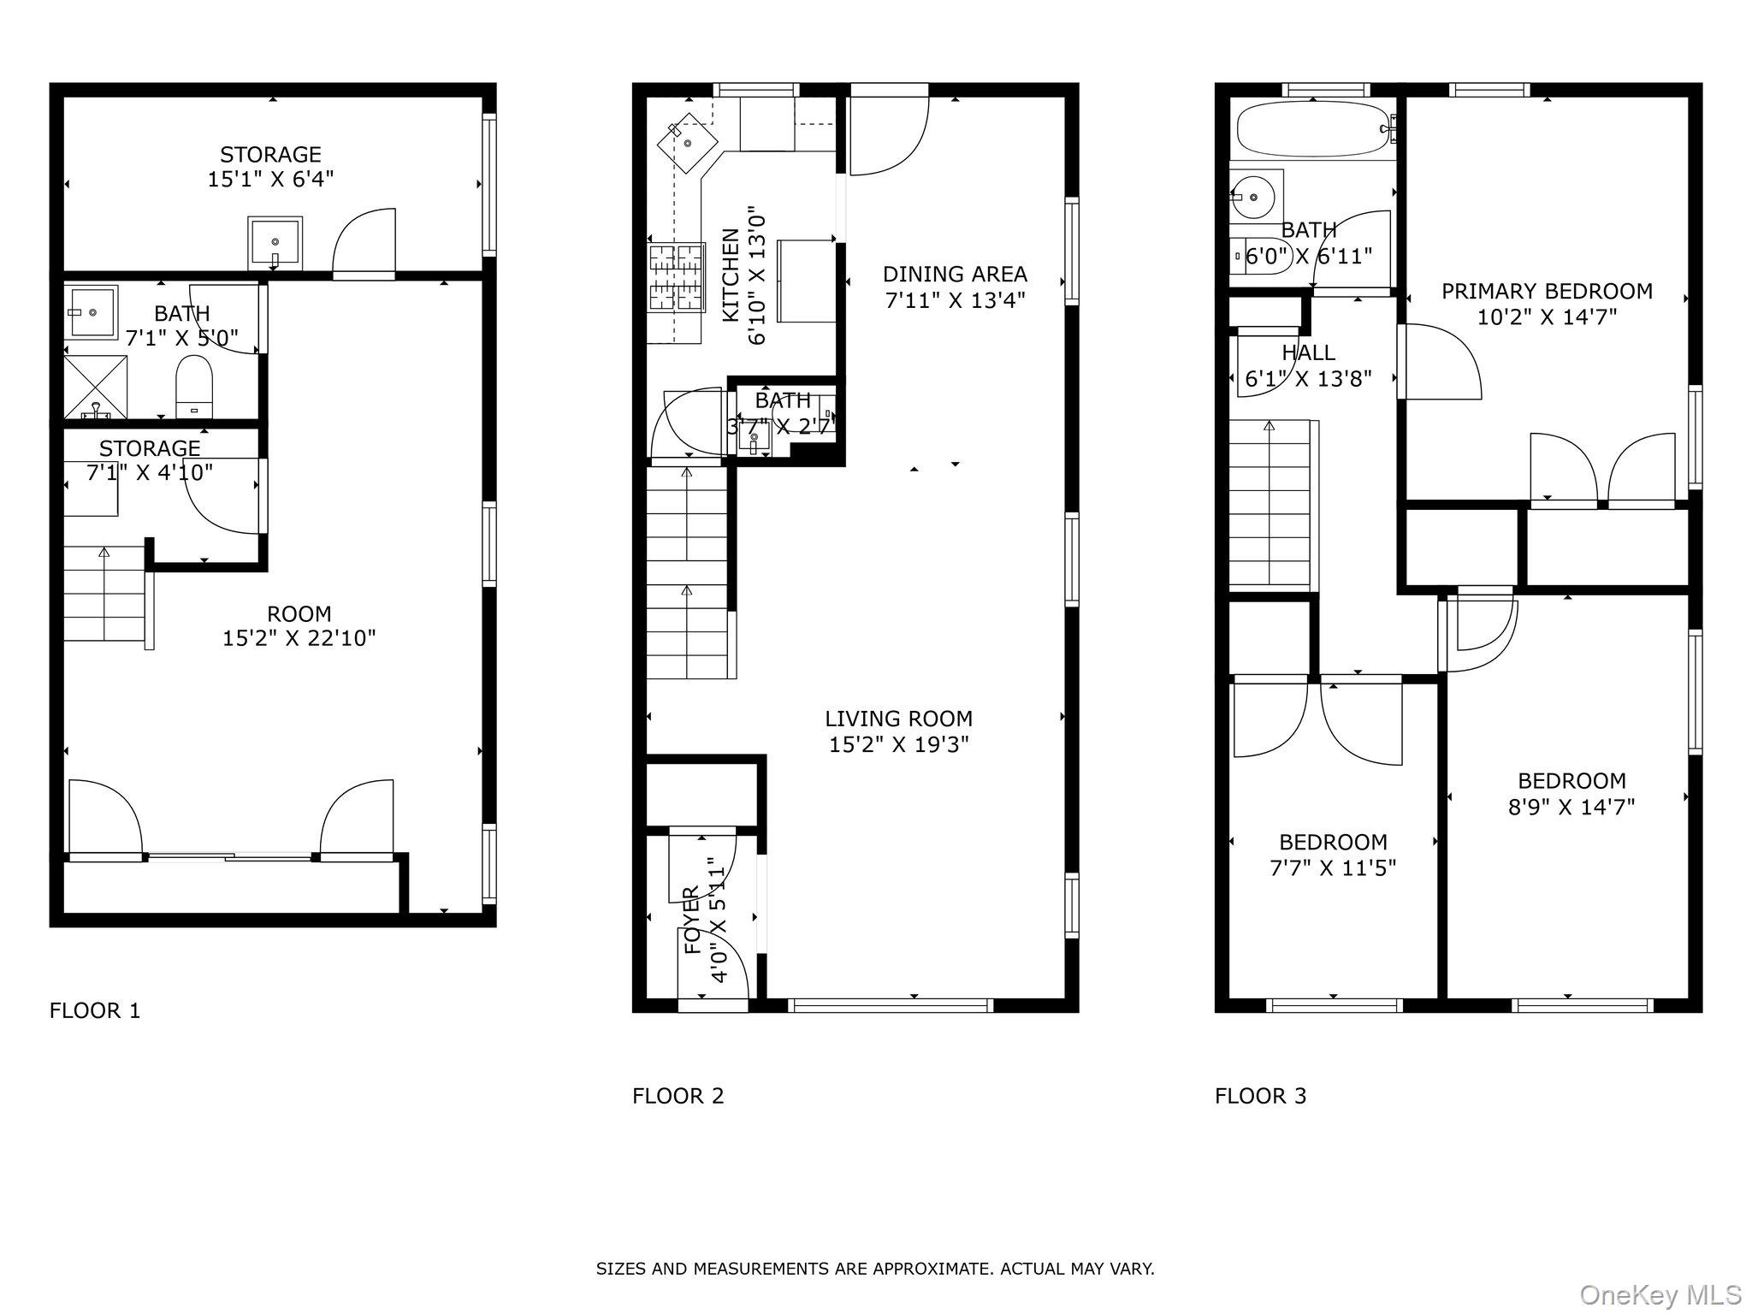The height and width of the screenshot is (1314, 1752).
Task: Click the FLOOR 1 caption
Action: point(94,1010)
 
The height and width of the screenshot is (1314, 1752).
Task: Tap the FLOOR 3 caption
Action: point(1260,1096)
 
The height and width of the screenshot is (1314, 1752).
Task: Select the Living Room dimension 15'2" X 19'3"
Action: point(898,744)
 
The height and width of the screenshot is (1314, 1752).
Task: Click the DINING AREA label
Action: point(955,274)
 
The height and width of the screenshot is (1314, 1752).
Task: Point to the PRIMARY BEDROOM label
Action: point(1547,291)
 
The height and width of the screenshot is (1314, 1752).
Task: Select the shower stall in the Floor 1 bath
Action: point(95,387)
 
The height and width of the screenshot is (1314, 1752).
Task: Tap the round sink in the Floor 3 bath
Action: point(1255,198)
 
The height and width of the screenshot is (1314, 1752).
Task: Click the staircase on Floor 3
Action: point(1270,504)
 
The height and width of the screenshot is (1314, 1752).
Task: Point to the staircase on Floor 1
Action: point(104,594)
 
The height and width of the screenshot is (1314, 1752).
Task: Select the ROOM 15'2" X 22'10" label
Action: point(299,626)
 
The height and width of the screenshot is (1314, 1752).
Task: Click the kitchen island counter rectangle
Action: point(806,281)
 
